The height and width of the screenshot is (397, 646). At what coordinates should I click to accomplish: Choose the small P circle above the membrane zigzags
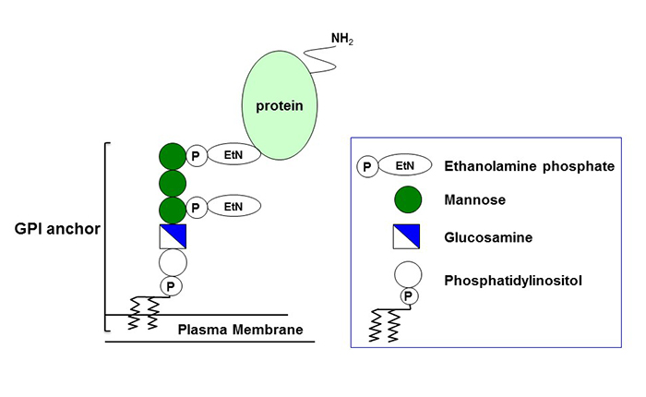click(x=172, y=286)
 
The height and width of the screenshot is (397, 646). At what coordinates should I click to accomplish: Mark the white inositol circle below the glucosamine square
click(x=173, y=262)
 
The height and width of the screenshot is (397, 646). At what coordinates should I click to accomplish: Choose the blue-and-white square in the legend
click(x=407, y=237)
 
